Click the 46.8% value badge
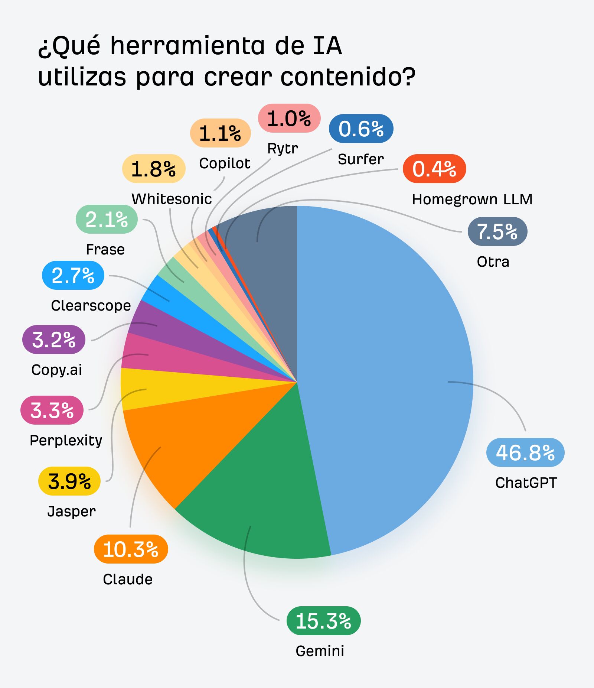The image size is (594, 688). (525, 452)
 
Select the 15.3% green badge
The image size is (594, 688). (323, 621)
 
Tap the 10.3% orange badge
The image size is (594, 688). (131, 549)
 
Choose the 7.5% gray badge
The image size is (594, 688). (497, 231)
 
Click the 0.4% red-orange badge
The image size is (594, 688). (434, 169)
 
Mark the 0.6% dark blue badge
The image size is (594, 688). (361, 129)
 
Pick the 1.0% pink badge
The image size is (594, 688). (289, 118)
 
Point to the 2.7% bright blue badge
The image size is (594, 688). (73, 275)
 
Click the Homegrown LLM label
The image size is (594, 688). (472, 199)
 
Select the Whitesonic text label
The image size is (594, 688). (172, 199)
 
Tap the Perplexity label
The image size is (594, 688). (66, 440)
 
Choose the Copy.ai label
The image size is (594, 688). (56, 370)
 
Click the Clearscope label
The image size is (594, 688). (91, 305)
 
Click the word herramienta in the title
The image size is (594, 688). (188, 46)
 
